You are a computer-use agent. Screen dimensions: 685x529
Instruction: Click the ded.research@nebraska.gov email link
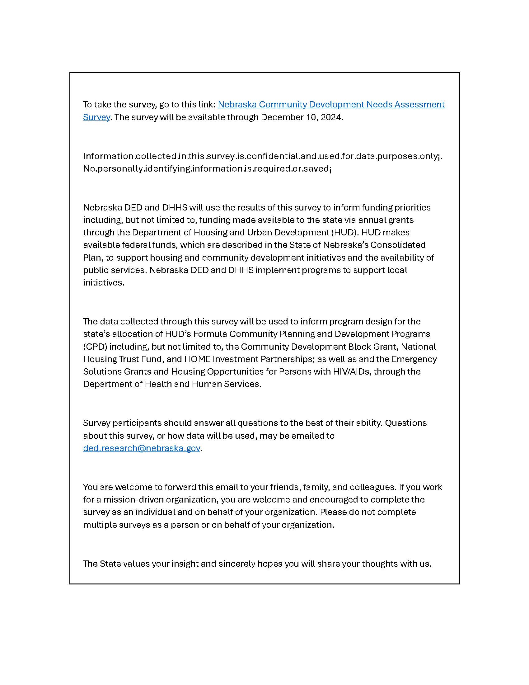tap(141, 448)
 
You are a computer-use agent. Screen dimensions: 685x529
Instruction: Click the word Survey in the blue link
tap(96, 117)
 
